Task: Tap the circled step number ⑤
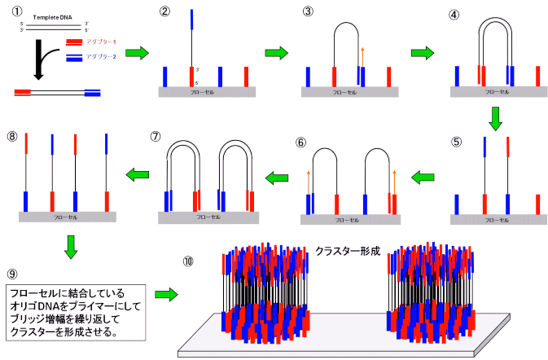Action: pos(456,140)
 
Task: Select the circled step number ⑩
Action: pos(188,261)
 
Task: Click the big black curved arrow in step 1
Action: pos(41,65)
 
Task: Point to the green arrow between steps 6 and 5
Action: pos(423,175)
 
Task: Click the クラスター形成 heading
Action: pos(349,252)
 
